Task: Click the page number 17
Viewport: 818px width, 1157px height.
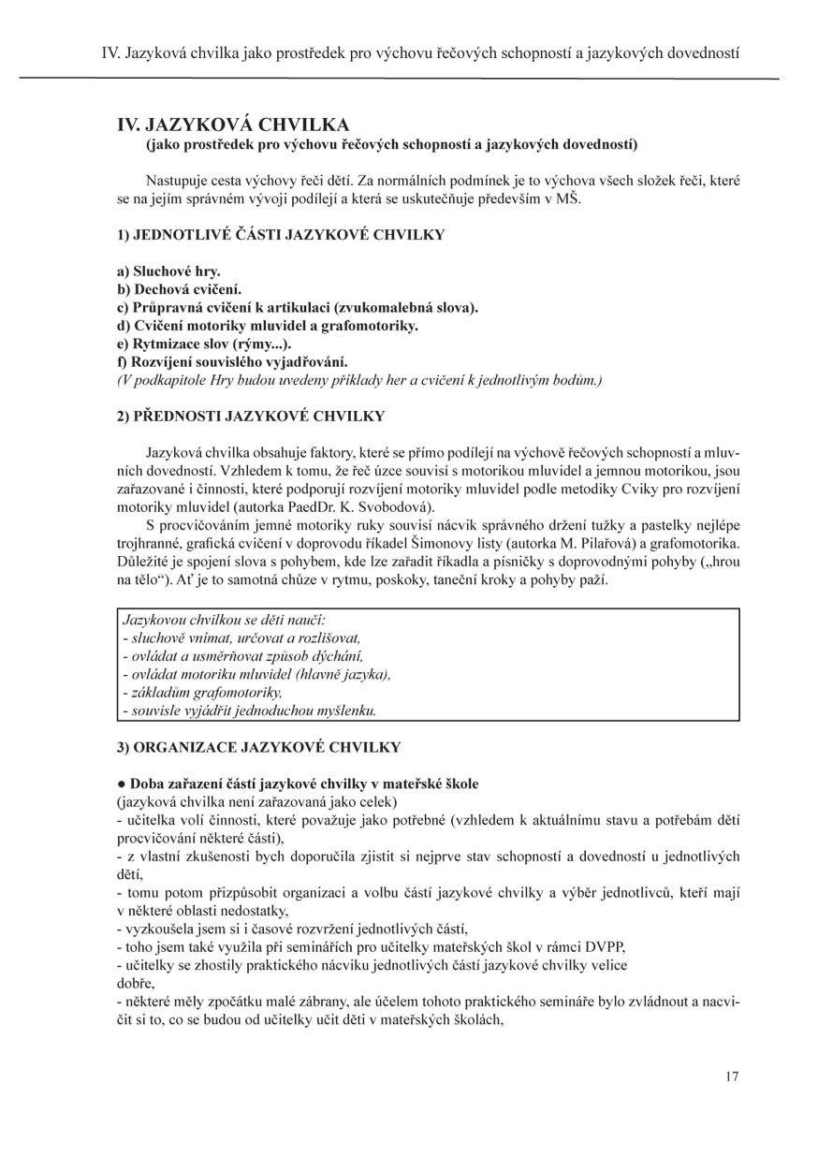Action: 731,1076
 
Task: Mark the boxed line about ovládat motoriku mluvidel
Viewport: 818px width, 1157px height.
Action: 256,674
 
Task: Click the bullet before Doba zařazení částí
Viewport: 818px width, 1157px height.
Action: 122,783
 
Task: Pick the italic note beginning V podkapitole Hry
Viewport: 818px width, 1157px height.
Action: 358,379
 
